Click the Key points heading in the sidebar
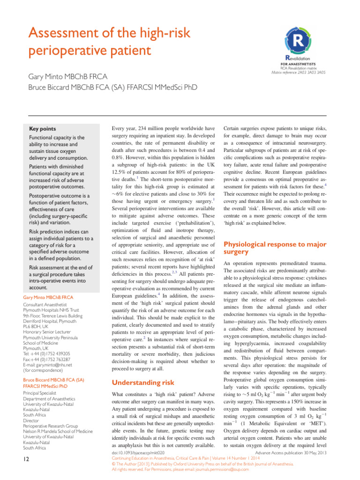(x=43, y=129)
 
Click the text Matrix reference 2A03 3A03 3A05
(x=299, y=73)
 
